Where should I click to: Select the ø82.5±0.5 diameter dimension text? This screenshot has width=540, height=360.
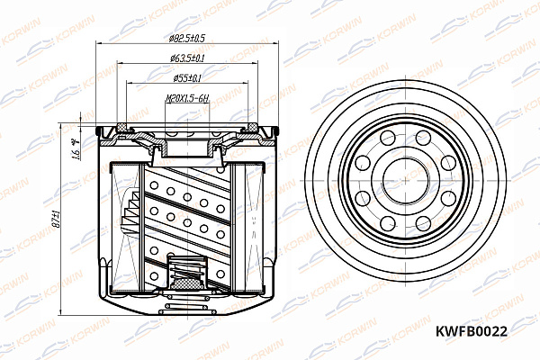coord(187,38)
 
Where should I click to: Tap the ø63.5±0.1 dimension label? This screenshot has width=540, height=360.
coord(187,58)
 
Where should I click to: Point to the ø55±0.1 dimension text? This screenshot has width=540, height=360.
coord(187,79)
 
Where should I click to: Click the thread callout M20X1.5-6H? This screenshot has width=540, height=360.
coord(186,101)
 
